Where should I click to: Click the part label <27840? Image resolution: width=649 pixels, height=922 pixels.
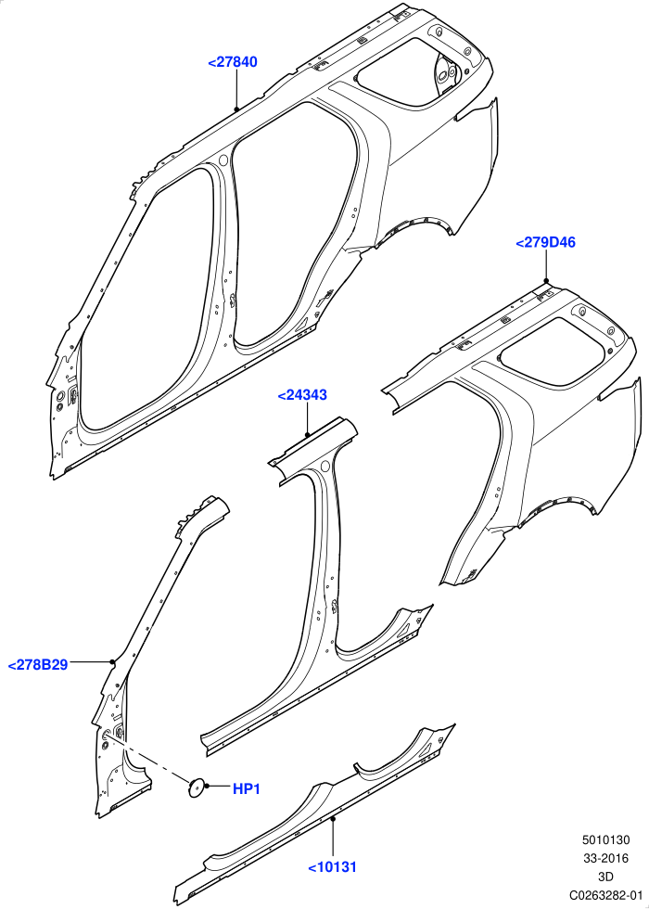click(x=233, y=62)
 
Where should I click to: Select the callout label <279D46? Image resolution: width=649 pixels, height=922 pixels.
click(x=545, y=242)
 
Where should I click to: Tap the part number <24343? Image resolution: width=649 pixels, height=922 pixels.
click(x=302, y=395)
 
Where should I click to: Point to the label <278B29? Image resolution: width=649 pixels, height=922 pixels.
click(x=38, y=665)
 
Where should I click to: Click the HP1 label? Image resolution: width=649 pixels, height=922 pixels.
click(x=247, y=788)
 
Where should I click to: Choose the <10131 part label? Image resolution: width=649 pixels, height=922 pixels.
click(x=333, y=866)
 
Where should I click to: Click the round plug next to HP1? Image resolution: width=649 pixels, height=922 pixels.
click(x=196, y=788)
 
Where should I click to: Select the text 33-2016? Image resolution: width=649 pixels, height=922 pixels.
click(x=605, y=859)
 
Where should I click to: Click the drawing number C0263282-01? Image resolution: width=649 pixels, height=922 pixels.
click(x=605, y=895)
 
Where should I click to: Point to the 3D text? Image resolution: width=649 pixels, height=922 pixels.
click(x=605, y=877)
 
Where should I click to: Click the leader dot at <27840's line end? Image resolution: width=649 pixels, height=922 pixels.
click(x=236, y=109)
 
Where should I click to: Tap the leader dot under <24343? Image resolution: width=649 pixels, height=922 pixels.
click(x=307, y=434)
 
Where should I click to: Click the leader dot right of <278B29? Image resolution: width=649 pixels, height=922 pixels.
click(x=111, y=662)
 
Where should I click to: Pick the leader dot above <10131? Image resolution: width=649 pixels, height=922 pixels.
click(x=333, y=818)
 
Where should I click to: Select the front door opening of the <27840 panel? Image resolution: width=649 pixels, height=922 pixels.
click(x=144, y=300)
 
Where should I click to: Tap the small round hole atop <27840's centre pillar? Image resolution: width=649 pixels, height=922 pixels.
click(x=223, y=160)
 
